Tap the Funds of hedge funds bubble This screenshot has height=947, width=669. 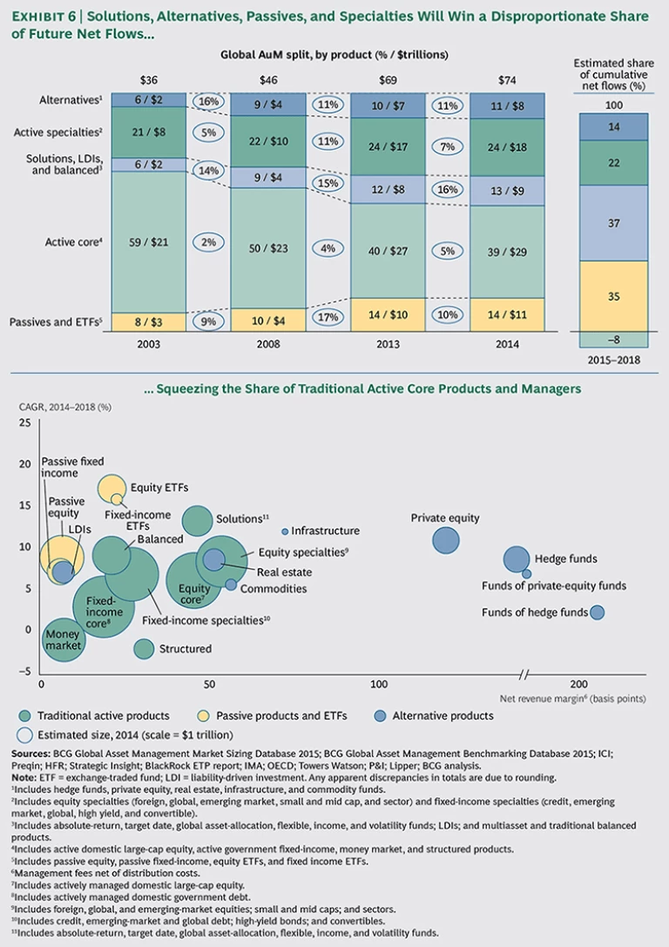(597, 612)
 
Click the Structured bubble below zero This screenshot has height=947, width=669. (144, 648)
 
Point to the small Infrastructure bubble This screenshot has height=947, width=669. (285, 531)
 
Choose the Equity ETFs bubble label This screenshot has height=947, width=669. (159, 487)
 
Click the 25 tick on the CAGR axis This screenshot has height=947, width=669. (24, 423)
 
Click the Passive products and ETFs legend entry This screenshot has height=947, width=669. (293, 715)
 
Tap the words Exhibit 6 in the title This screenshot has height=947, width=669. (47, 17)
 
